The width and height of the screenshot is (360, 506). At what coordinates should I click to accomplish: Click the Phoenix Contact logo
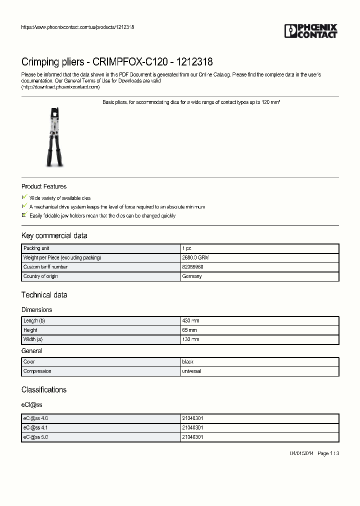click(x=310, y=31)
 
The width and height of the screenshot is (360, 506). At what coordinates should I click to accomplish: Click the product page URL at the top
click(x=77, y=27)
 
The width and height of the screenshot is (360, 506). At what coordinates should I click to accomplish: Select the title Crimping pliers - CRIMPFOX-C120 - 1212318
click(x=117, y=62)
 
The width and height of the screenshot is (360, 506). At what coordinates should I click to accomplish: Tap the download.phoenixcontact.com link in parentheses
click(x=60, y=86)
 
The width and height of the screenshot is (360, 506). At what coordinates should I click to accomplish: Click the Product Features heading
click(x=44, y=186)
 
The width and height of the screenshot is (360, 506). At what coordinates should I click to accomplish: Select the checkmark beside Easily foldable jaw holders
click(x=24, y=215)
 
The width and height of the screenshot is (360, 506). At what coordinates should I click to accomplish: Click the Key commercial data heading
click(x=54, y=235)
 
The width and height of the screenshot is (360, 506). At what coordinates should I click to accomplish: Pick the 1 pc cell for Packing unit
click(x=186, y=248)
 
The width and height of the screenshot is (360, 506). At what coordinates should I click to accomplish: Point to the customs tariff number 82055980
click(x=192, y=267)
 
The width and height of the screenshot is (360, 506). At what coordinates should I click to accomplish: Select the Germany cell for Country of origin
click(x=192, y=276)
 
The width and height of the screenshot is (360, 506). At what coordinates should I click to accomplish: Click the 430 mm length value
click(x=190, y=321)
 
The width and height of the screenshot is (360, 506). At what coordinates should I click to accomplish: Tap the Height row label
click(x=30, y=330)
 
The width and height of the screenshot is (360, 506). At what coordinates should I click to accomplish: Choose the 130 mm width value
click(x=190, y=339)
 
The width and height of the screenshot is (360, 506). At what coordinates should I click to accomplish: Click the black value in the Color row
click(x=188, y=361)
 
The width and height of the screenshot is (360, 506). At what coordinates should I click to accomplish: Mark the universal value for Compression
click(x=192, y=371)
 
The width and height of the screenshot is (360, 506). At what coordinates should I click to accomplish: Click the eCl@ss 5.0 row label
click(x=35, y=437)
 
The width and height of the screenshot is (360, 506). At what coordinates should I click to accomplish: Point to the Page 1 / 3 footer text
click(x=328, y=453)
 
